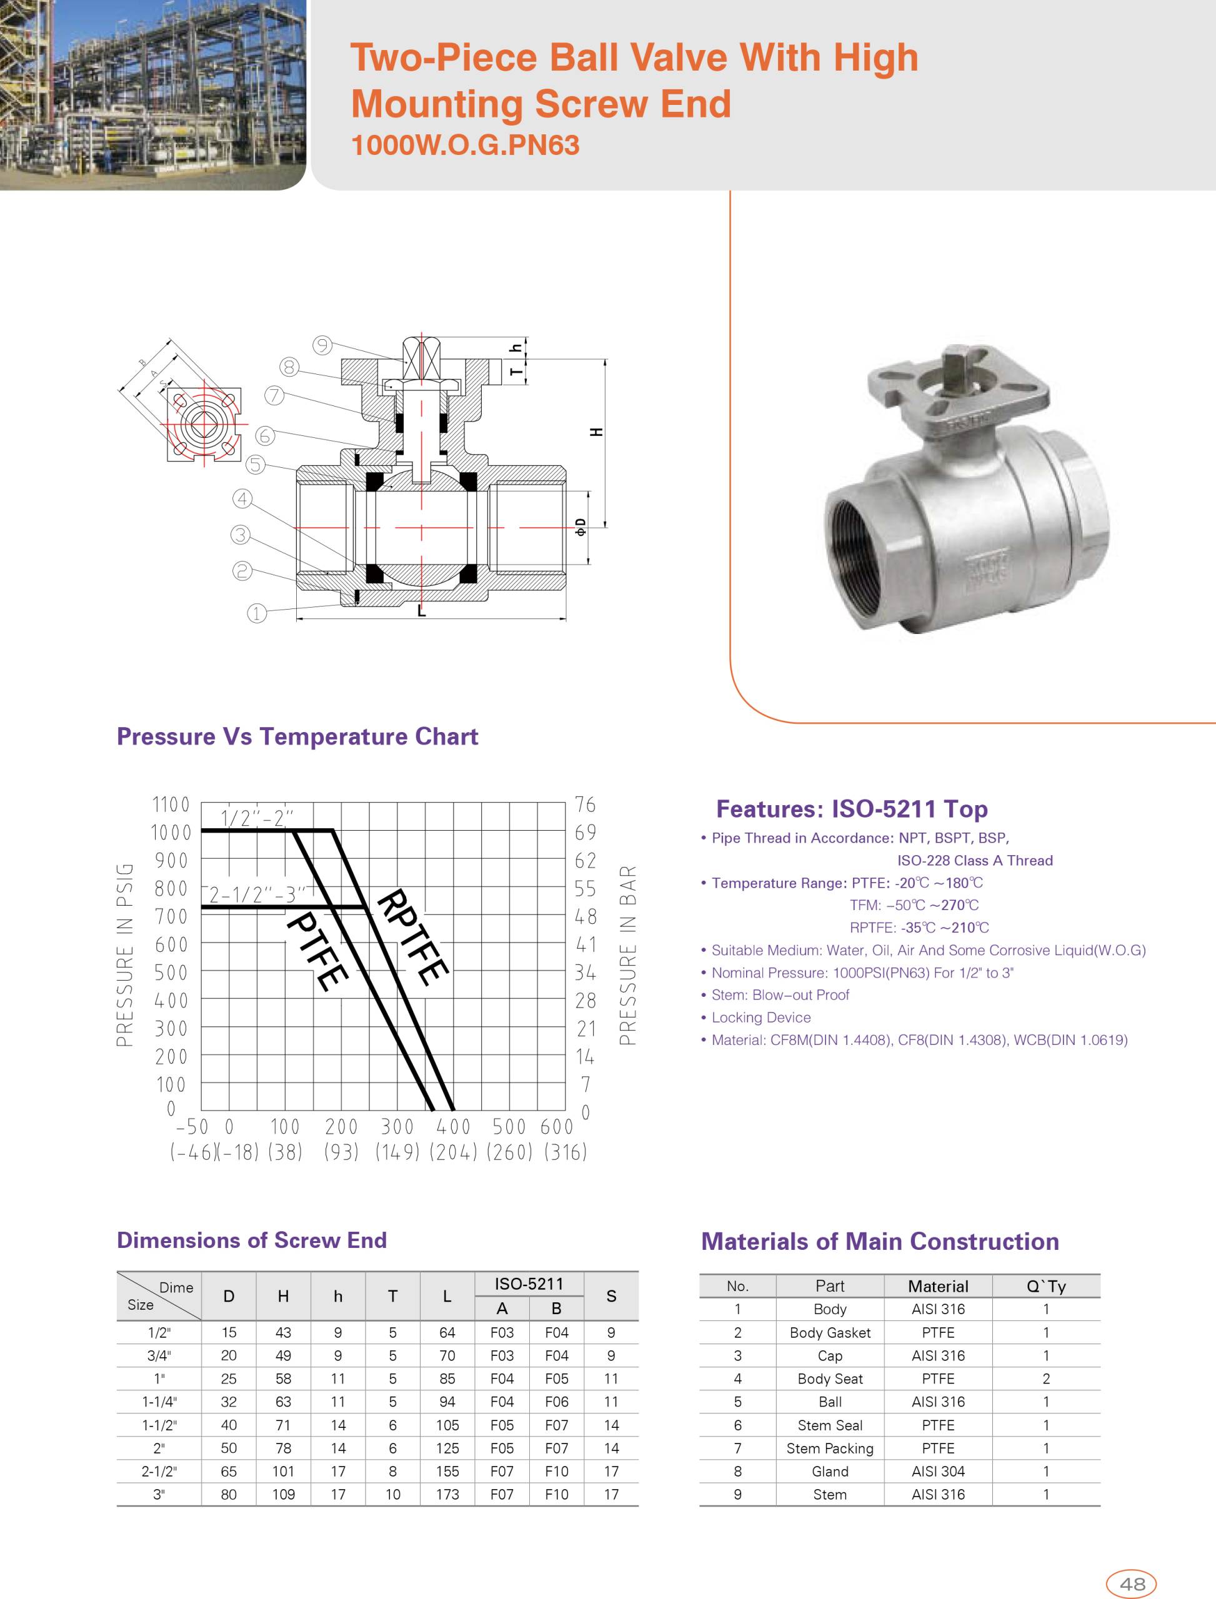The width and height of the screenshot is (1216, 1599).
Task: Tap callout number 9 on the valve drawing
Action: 322,345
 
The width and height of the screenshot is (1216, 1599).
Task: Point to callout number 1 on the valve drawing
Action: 257,613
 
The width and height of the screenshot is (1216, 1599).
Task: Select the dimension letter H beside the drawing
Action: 596,432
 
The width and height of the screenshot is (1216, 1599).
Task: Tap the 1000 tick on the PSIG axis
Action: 171,833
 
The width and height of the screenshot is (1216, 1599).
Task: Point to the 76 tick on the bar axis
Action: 585,804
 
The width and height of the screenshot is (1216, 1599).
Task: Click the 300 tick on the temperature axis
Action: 397,1127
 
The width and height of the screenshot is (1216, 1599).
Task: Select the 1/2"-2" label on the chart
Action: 257,818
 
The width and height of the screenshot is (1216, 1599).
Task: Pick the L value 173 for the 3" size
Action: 447,1494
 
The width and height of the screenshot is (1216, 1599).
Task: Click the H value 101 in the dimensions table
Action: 283,1471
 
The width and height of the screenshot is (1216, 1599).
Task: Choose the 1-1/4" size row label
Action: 159,1402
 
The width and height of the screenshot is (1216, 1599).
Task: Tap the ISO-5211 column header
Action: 529,1284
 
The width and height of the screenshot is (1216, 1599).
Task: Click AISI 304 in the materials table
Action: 938,1471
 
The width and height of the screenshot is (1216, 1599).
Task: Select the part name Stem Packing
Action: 829,1448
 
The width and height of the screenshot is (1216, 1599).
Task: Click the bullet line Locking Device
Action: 760,1017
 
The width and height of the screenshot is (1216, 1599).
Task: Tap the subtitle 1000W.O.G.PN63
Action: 465,146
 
